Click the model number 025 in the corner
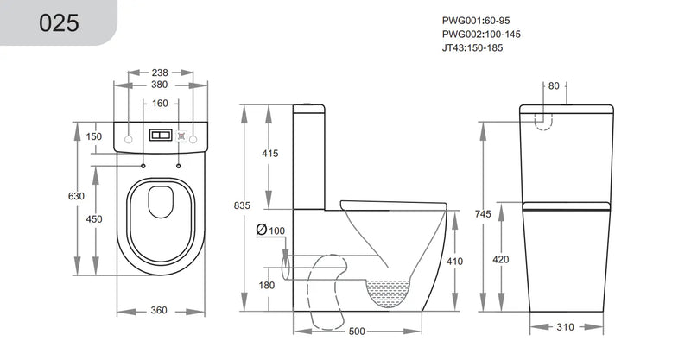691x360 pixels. point(59,22)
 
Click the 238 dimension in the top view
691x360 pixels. point(161,73)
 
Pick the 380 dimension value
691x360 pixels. point(161,86)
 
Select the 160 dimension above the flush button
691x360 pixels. point(161,104)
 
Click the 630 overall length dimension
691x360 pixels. point(76,196)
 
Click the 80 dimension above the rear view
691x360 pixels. point(554,85)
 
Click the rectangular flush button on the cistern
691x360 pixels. point(161,136)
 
